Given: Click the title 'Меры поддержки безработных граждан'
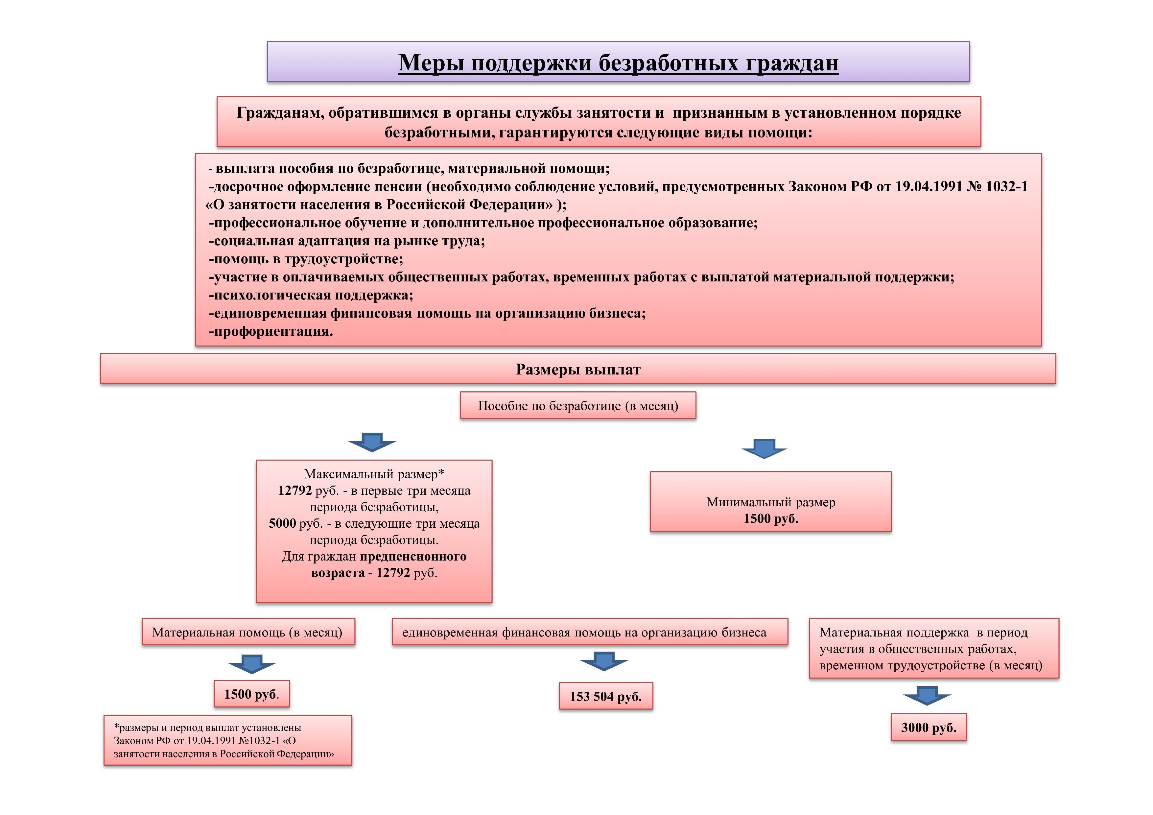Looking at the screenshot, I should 618,63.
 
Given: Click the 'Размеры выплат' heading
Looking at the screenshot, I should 578,370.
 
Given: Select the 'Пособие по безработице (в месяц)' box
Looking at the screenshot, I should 578,406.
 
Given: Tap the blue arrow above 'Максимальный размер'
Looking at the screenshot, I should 372,442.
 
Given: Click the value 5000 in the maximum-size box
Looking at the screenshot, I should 282,523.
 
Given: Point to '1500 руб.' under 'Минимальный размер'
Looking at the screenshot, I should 771,518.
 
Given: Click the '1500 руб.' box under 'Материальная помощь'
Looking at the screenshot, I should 251,694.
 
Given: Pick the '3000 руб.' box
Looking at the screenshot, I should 929,727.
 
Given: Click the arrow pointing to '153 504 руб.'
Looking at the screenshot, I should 604,661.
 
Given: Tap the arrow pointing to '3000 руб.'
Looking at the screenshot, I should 927,695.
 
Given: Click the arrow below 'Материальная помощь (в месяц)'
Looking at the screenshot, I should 251,664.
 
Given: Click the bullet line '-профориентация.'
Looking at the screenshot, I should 271,331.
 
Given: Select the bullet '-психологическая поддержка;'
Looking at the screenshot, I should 311,295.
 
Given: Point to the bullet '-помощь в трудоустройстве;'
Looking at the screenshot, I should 306,259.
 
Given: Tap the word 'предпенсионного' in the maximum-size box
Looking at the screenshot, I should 413,556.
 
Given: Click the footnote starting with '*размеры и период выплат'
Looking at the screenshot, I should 227,740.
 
